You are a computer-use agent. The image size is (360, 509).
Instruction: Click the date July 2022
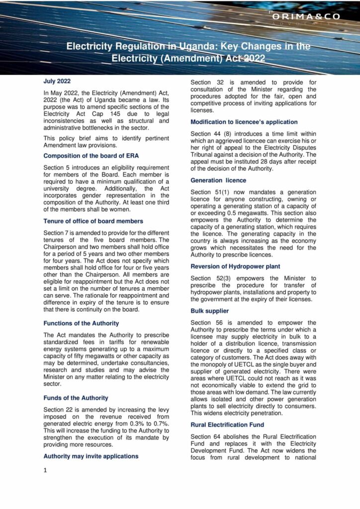coord(57,81)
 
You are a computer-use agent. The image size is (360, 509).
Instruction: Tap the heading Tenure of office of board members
coord(93,221)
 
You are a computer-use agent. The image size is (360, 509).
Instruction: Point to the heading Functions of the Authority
coord(81,323)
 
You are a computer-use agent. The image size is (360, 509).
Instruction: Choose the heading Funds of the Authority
coord(76,398)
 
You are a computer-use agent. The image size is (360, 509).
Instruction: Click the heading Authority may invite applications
coord(90,455)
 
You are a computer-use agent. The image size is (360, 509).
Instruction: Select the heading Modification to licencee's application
coord(244,122)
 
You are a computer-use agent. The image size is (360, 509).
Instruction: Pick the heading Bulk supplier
coord(210,311)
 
